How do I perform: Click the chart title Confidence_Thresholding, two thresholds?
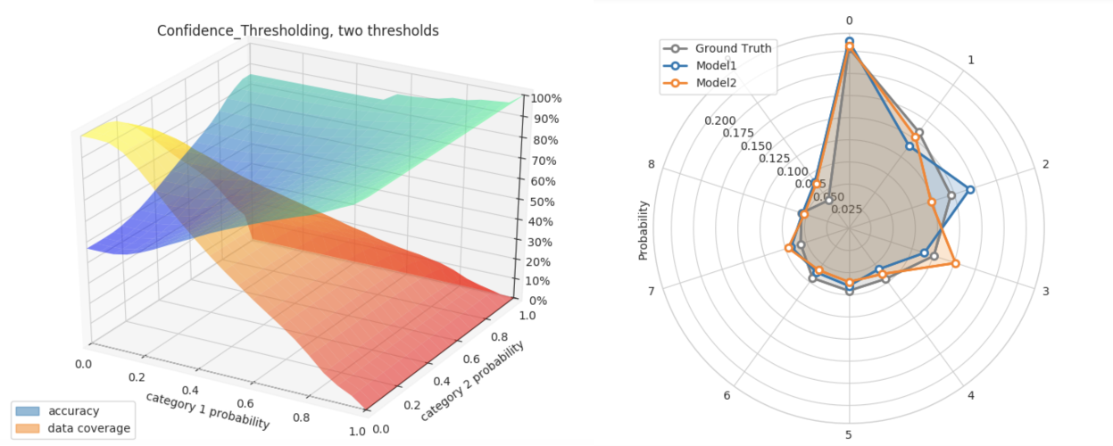(x=297, y=30)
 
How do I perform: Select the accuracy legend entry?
(x=74, y=411)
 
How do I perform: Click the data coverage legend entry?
(x=89, y=428)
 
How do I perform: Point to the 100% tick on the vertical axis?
(x=544, y=99)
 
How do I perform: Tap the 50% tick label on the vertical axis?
(x=542, y=202)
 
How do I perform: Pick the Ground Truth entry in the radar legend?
(x=733, y=48)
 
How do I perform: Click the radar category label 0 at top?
(x=849, y=21)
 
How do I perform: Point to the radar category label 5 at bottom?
(x=849, y=435)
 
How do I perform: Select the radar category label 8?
(x=652, y=164)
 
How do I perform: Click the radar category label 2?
(x=1045, y=164)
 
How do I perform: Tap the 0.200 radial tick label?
(x=719, y=120)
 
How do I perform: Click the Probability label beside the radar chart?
(x=643, y=230)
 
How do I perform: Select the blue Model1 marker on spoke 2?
(x=970, y=189)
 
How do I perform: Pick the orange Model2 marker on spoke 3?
(x=955, y=263)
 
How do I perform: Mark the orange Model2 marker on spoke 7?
(x=789, y=248)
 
